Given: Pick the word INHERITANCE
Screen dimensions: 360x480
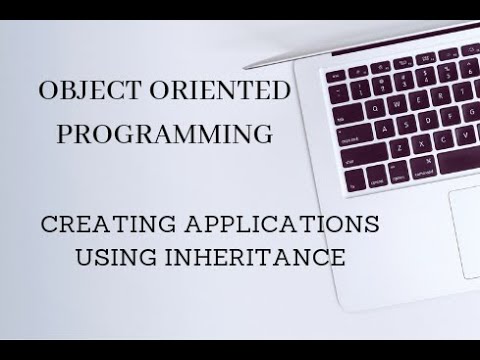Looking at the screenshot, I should pos(262,257).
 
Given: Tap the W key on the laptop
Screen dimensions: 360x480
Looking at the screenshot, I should pos(396,104).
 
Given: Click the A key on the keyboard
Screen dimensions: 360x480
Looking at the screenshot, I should pos(384,128).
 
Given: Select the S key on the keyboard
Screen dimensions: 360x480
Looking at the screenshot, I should pos(406,124).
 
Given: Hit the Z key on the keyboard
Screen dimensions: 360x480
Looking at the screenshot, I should pos(399,147).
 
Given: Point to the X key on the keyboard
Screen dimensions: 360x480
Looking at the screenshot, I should pos(421,143).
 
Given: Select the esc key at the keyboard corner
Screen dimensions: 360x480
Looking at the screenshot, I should pos(335,76).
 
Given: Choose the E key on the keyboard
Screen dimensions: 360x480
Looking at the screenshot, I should pos(418,99).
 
